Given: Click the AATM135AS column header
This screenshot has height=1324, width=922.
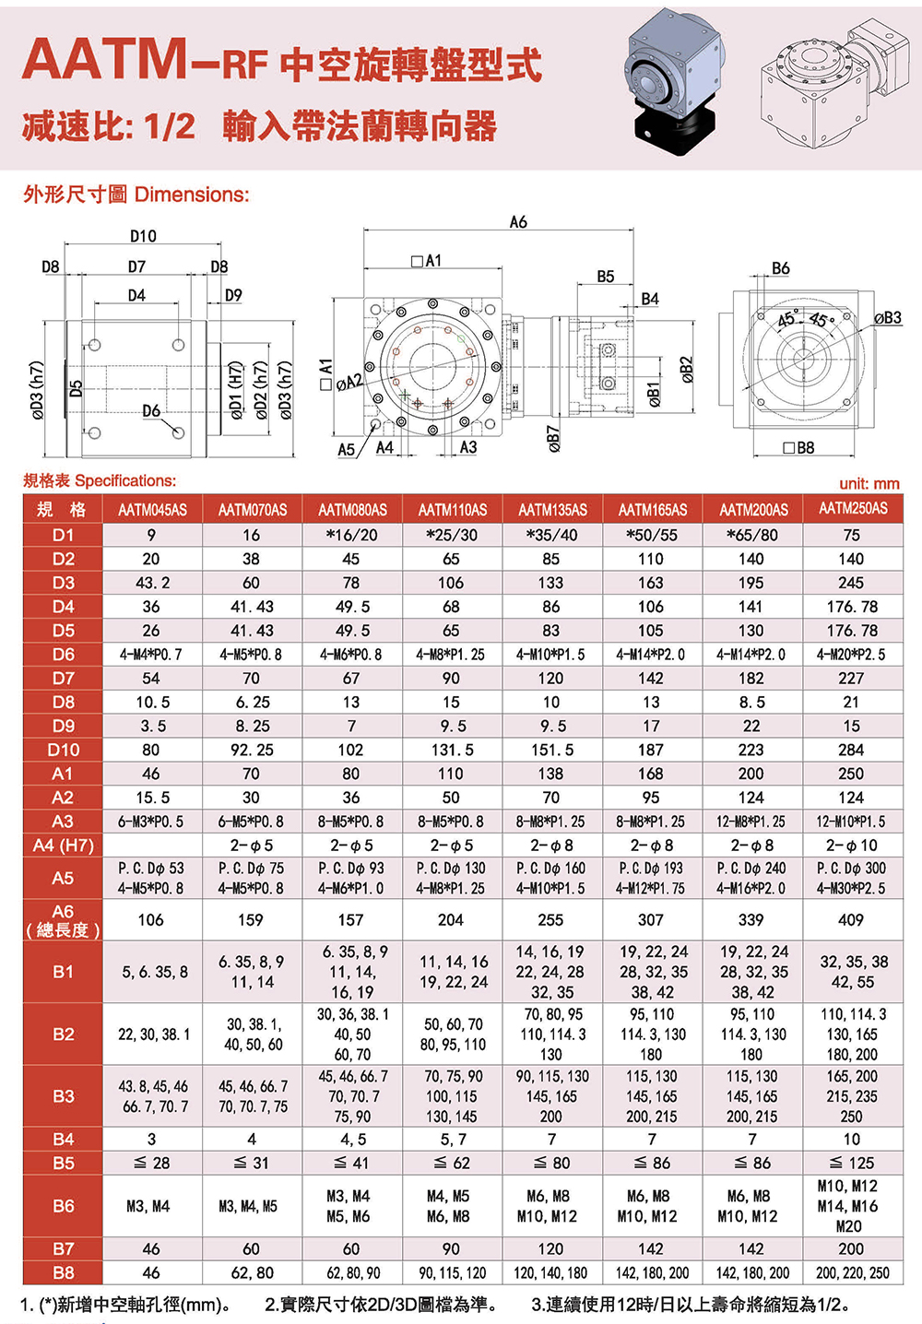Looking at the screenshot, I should coord(551,510).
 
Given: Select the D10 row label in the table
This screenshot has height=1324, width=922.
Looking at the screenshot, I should coord(63,750).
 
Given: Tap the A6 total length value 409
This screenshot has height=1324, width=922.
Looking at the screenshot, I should coord(851,919).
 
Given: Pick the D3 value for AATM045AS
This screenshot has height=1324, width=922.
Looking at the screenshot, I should coord(151,583).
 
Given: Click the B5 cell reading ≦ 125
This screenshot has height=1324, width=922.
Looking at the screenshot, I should coord(851,1163).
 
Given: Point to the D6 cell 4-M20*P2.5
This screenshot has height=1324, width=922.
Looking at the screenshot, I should coord(851,655).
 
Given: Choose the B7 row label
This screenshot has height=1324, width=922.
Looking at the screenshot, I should coord(63,1248).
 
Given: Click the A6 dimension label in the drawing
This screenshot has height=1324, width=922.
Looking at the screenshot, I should coord(518,222).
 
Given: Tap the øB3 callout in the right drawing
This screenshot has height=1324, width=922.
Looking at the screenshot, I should coord(887,318).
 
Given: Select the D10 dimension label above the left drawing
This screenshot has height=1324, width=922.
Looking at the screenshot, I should coord(143,236).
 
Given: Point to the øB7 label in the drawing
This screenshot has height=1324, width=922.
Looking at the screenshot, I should coord(553,439).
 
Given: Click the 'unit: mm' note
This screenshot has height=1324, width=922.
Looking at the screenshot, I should coord(869,483).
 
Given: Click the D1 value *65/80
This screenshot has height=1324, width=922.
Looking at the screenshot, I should coord(751,535).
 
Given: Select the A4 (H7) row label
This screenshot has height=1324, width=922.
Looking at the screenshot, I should coord(63,845).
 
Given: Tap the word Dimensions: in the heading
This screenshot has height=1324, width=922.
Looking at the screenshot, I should coord(192,195).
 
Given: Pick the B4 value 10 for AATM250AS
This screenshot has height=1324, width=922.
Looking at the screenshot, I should coord(851,1139).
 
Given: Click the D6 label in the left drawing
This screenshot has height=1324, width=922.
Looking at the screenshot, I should coord(151,411).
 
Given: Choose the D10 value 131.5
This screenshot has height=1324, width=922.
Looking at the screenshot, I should coord(451,750).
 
